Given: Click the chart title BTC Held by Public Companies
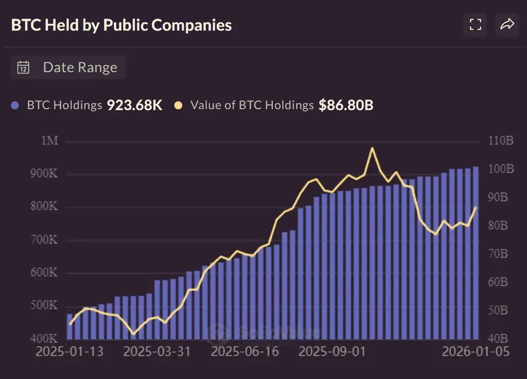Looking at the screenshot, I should (121, 25).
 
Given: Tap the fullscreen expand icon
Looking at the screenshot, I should (475, 24).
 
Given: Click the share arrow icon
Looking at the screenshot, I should (507, 24).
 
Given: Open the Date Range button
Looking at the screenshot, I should (68, 67).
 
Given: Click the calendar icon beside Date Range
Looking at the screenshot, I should (23, 67).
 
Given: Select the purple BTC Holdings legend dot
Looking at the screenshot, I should (15, 106).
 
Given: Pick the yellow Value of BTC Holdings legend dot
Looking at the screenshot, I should (179, 106).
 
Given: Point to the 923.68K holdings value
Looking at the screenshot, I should (134, 106).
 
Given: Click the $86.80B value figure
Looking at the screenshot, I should (346, 106).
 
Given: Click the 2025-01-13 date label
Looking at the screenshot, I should (69, 352).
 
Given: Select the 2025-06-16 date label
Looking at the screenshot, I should (245, 352).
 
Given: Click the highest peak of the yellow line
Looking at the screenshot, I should (372, 148).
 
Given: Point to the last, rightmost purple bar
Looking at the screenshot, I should (476, 252).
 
